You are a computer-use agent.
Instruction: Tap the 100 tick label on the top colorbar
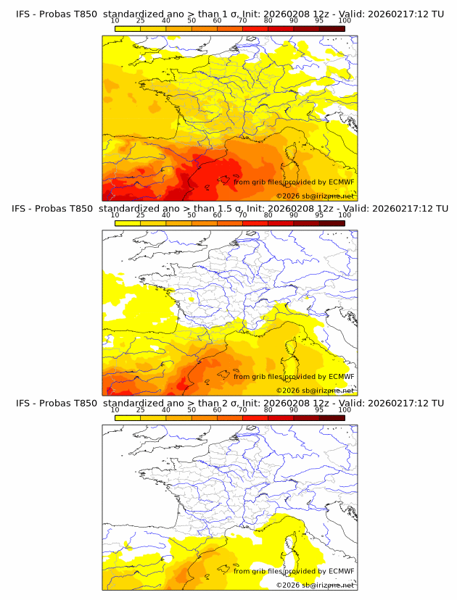(x=345, y=20)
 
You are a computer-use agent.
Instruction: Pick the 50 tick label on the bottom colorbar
(x=192, y=409)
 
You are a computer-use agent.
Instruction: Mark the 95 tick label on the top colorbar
(x=319, y=20)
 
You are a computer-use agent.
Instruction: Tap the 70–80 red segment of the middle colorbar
(x=255, y=222)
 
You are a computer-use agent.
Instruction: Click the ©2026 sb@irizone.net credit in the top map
(x=315, y=196)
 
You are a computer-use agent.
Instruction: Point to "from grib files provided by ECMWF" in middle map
(x=294, y=376)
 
